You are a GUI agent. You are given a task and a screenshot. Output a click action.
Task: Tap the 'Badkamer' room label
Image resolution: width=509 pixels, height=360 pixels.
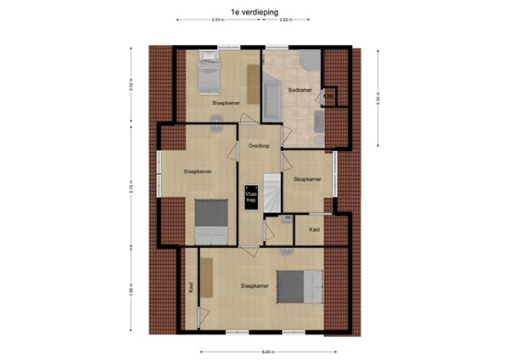tap(299, 89)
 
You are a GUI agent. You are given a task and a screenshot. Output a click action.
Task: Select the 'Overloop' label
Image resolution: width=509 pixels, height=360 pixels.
tap(259, 146)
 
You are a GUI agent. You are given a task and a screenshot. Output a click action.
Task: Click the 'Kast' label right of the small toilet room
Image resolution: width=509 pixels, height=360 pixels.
tap(314, 229)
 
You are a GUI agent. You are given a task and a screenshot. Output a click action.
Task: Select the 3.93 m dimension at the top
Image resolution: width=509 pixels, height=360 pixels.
tap(218, 19)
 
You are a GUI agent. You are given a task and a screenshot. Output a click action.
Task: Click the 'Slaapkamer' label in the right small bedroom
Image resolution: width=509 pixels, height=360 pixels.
tap(306, 179)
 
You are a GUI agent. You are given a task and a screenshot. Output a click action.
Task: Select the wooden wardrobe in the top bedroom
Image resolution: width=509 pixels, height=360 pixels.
tap(253, 83)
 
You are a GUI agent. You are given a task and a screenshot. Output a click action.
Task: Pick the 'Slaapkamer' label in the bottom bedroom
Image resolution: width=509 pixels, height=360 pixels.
tap(255, 286)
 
